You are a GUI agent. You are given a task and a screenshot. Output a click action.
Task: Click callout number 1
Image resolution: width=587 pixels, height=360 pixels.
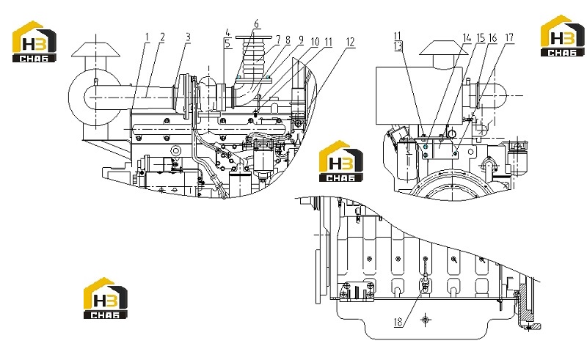point(147,37)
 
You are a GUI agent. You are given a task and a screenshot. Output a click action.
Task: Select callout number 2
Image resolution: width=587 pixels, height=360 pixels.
point(162,37)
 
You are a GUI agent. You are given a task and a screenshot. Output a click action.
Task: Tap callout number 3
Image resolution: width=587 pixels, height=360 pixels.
point(188,37)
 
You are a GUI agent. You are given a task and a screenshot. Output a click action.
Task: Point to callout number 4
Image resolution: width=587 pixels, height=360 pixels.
point(228,32)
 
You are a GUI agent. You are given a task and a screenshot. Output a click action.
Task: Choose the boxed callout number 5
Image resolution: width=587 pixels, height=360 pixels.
point(228,43)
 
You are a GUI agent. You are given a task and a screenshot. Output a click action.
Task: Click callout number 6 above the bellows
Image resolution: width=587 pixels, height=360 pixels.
point(256,24)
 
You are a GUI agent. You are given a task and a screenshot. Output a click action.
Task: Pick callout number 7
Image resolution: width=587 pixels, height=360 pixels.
point(278,40)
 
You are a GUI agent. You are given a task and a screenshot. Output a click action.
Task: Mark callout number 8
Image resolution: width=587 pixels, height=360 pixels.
point(288,40)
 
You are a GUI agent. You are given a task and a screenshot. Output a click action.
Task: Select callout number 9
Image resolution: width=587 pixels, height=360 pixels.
point(301,40)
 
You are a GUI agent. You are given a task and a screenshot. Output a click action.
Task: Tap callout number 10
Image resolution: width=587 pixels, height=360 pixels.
point(315,42)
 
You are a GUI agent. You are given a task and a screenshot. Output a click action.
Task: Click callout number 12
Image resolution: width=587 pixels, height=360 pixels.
point(350,42)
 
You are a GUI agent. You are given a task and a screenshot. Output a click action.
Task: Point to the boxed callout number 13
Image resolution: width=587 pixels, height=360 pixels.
point(398,45)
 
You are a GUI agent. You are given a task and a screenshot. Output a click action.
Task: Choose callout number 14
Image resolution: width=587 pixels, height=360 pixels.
point(467,38)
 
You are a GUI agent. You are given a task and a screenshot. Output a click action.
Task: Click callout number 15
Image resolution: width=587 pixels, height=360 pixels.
point(481,38)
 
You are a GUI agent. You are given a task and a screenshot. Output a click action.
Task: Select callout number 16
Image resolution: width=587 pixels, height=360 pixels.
point(492,38)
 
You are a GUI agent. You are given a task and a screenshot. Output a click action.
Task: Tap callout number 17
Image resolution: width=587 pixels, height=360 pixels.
point(509,38)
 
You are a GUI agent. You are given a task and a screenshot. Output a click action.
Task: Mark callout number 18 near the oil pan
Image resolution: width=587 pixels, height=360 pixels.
point(398,322)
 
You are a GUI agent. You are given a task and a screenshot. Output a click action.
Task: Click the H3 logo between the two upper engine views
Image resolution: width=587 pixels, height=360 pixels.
point(340,161)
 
